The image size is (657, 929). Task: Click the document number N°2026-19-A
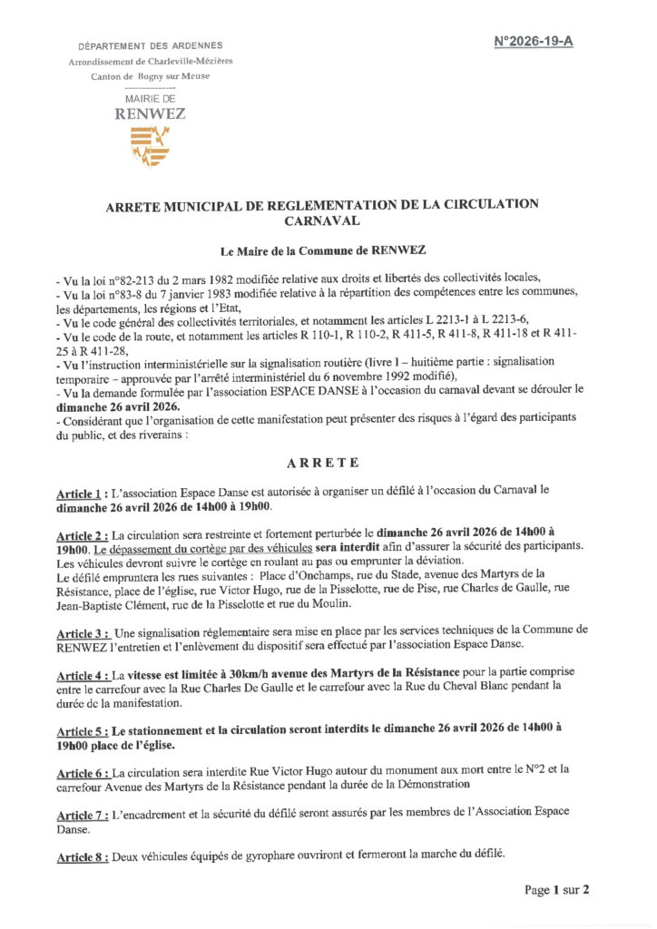coord(534,42)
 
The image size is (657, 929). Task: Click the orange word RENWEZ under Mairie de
coord(150,114)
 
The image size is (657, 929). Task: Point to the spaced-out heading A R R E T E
coord(322,463)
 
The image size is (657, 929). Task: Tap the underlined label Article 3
coord(82,629)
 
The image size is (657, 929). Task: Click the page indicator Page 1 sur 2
coord(557,890)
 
